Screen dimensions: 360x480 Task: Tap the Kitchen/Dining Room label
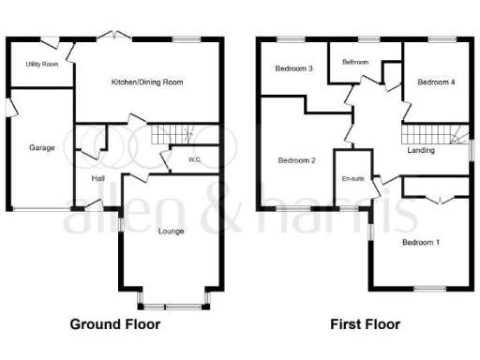pos(146,82)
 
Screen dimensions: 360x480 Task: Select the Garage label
pos(41,148)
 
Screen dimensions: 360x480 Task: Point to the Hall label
pos(97,178)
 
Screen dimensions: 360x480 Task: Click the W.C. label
pos(194,160)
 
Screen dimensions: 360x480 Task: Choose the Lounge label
pos(171,231)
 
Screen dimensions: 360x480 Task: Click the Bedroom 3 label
pos(293,69)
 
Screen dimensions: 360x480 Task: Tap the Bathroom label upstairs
pos(355,63)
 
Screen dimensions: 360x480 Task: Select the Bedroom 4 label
pos(436,82)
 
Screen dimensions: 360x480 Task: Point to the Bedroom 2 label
pos(296,161)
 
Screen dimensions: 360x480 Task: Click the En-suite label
pos(352,178)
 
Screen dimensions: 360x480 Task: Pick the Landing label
pos(420,150)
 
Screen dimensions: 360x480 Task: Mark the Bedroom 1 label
pos(420,243)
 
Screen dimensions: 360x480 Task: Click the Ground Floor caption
pos(115,324)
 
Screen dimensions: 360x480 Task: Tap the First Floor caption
pos(365,324)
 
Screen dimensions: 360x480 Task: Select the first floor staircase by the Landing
pos(427,133)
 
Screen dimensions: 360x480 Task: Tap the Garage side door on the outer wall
pos(8,110)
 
